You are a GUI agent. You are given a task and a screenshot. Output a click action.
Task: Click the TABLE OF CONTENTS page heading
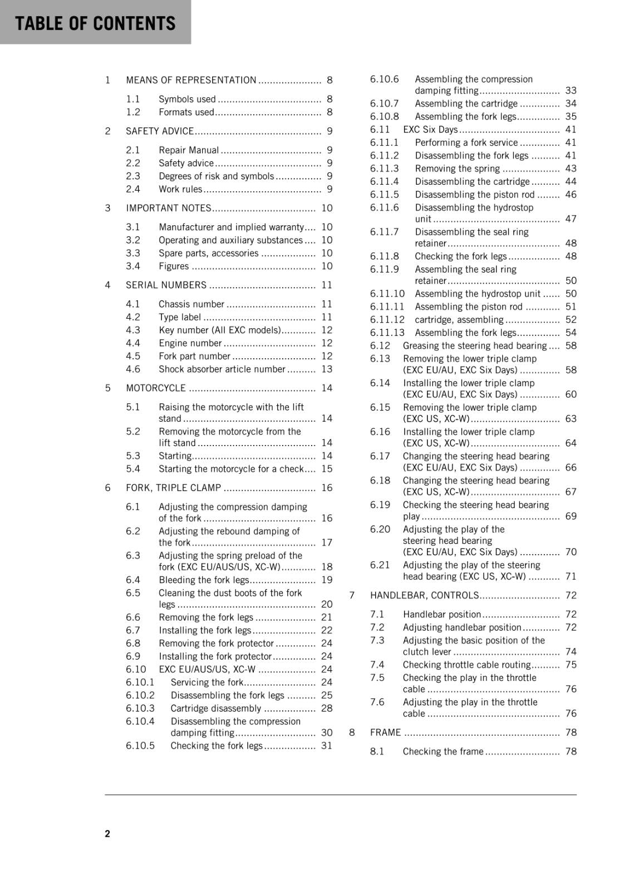95,23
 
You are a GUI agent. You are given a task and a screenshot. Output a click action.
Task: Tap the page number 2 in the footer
107,833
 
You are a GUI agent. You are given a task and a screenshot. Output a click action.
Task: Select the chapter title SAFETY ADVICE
160,131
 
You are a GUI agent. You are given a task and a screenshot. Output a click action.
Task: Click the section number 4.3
133,330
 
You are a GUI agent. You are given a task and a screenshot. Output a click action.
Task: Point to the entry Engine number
190,343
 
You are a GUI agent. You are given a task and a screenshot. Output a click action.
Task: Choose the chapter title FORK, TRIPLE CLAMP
173,488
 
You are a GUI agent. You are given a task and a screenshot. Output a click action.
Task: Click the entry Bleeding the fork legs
204,580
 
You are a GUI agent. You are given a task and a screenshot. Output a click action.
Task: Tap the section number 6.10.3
140,708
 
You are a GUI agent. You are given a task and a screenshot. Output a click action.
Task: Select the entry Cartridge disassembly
215,708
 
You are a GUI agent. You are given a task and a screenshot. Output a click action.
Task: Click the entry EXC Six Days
430,130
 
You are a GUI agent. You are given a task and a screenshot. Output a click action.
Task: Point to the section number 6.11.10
387,294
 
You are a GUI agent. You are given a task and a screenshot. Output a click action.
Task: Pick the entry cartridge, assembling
459,320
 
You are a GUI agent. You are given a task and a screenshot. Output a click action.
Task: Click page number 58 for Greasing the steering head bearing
571,345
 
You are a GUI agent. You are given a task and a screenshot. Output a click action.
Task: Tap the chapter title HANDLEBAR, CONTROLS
424,595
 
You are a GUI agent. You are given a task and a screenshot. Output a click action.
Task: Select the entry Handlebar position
442,614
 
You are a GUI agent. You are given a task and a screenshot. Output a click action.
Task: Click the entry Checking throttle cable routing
466,665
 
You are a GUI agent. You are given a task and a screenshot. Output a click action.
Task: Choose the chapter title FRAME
385,733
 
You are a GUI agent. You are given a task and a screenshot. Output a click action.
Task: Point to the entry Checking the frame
443,751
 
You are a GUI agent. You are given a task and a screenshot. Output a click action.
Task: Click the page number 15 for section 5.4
327,469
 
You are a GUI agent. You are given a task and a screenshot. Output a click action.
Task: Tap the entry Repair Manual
189,150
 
